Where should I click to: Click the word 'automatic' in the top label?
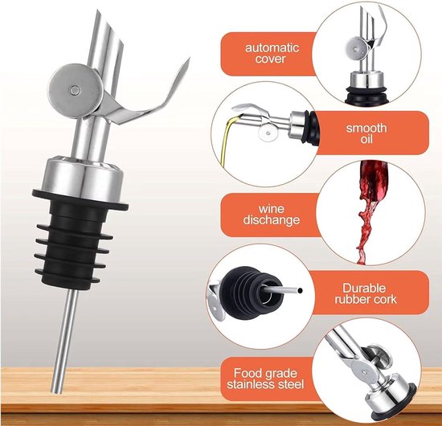272,47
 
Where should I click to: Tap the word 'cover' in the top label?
271,59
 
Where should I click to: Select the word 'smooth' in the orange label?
366,128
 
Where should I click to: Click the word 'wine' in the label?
271,209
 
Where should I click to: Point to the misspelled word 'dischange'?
272,220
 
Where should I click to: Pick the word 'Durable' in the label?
364,288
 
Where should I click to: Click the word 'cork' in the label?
384,300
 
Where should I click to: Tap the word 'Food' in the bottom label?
247,373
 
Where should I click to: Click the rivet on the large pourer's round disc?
76,91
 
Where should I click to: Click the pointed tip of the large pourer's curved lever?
189,59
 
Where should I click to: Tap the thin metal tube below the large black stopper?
65,341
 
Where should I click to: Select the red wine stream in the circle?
369,211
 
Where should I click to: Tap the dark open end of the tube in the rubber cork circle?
300,290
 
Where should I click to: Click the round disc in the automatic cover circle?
357,49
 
